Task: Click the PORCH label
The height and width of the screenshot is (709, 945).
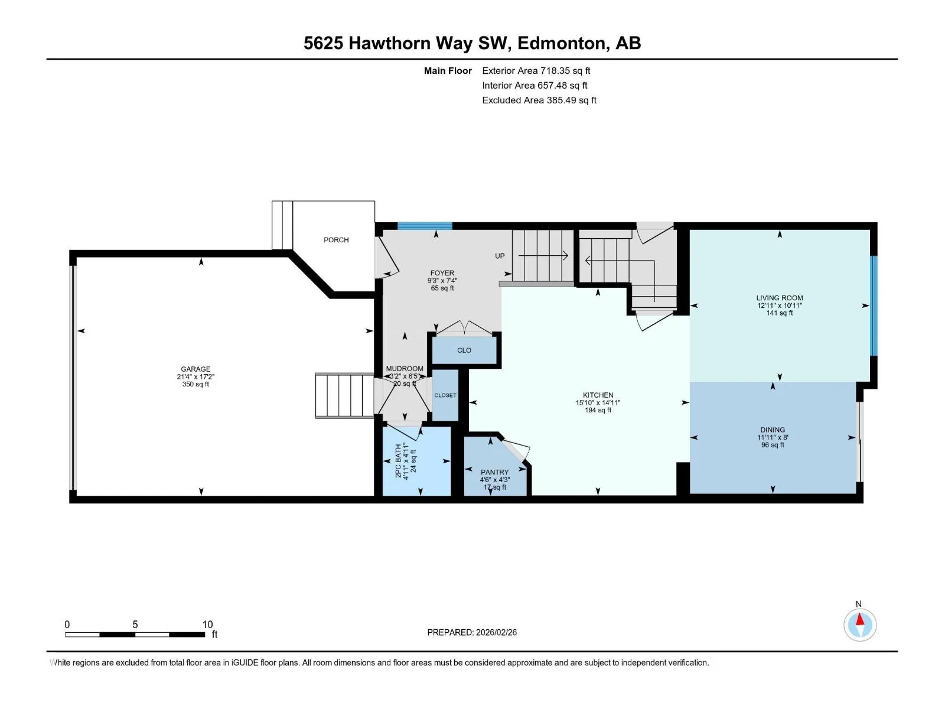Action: [x=336, y=240]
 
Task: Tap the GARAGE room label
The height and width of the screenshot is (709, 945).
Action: [x=195, y=369]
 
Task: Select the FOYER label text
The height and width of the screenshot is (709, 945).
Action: [x=442, y=273]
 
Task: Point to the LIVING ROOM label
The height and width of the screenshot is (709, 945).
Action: [x=780, y=298]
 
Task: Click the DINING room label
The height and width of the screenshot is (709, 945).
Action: [x=773, y=430]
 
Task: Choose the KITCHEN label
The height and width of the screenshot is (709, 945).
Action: [x=598, y=395]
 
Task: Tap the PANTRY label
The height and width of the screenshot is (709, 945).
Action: [x=495, y=472]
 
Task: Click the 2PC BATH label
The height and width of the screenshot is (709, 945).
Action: [x=398, y=461]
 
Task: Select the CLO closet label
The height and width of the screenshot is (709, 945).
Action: [x=464, y=350]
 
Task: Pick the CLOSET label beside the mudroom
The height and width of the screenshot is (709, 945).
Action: [x=445, y=395]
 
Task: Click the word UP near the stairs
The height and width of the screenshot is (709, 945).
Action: [x=500, y=256]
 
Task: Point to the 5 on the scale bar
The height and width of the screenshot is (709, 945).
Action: [x=135, y=625]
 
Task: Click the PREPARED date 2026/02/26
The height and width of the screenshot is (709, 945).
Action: [x=496, y=633]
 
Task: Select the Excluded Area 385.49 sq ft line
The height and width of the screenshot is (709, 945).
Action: [x=539, y=100]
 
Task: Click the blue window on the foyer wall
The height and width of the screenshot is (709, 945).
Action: [x=425, y=226]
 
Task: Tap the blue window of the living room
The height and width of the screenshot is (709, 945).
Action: [x=874, y=305]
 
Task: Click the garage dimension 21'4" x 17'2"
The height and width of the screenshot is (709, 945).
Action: [x=195, y=377]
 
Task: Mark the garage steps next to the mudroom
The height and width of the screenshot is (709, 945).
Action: [x=344, y=396]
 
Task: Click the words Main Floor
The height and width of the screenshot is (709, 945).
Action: [x=448, y=71]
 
